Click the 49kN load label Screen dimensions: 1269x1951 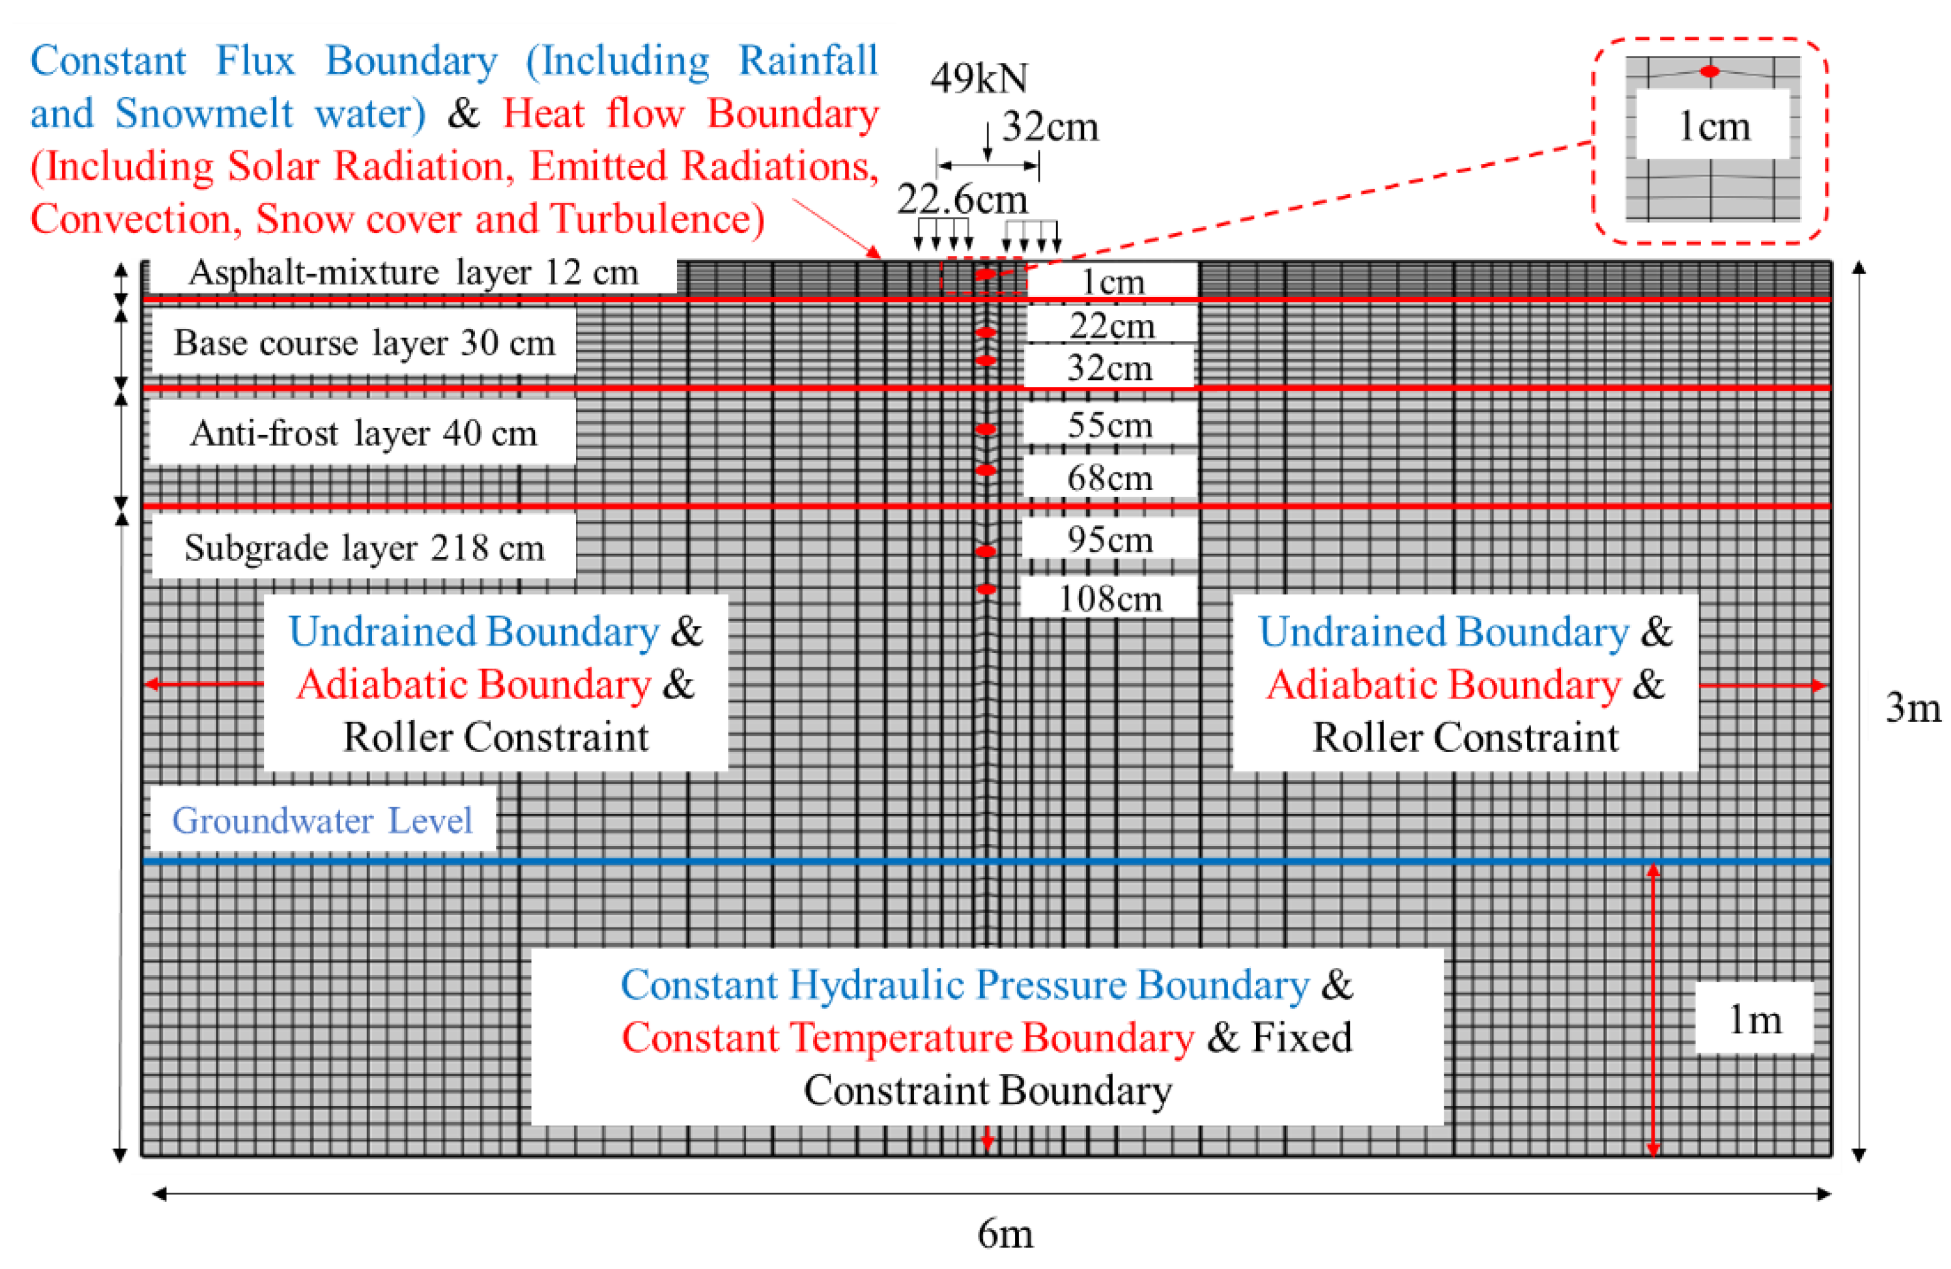tap(979, 79)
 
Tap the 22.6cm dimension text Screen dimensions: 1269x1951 tap(962, 199)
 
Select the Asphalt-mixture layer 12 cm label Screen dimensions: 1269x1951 tap(413, 273)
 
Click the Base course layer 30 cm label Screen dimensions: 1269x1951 tap(364, 343)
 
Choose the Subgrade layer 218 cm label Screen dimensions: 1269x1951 tap(364, 548)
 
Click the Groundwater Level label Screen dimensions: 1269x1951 tap(322, 821)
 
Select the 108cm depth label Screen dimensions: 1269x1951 tap(1110, 599)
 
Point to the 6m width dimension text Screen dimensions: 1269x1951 tap(1005, 1234)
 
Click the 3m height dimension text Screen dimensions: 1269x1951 tap(1913, 708)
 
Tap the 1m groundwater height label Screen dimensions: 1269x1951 tap(1754, 1020)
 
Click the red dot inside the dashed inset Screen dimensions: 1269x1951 tap(1709, 72)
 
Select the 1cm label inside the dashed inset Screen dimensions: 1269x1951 tap(1713, 126)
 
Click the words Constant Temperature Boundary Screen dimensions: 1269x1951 tap(908, 1038)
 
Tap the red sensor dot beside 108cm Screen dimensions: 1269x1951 tap(987, 589)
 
